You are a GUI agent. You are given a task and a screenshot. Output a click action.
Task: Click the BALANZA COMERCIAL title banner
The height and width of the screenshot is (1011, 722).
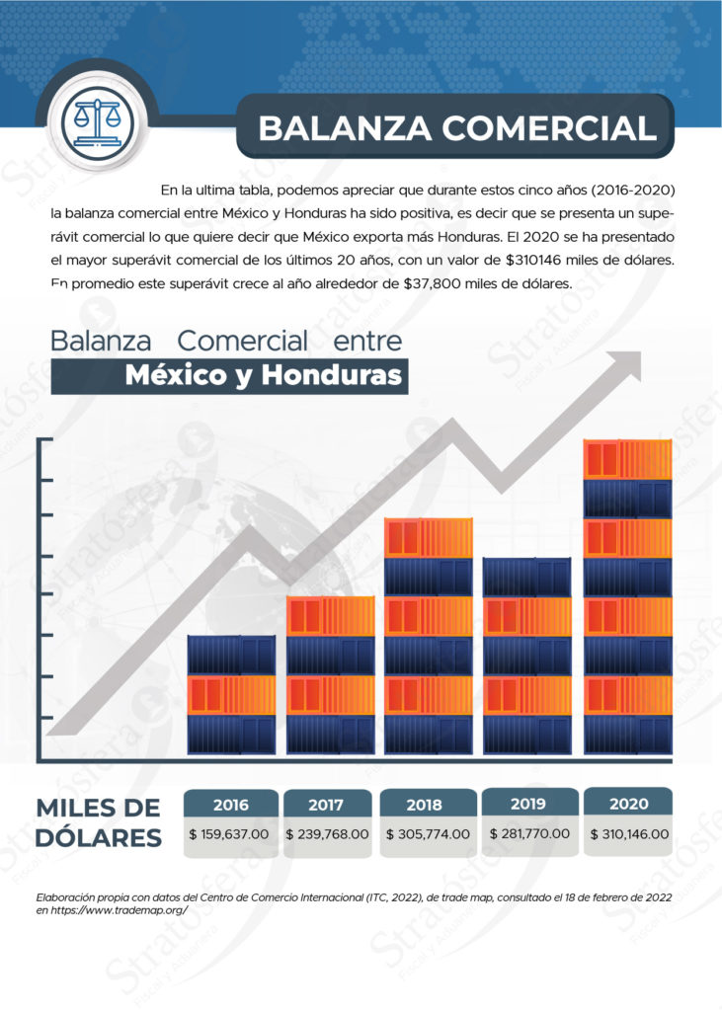click(x=455, y=127)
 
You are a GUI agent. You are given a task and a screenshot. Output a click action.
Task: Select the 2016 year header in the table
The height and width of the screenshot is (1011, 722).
click(x=230, y=805)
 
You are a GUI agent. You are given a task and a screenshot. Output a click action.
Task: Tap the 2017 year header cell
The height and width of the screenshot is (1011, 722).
click(x=326, y=805)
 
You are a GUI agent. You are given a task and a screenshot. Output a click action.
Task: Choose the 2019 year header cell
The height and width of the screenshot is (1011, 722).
click(x=528, y=804)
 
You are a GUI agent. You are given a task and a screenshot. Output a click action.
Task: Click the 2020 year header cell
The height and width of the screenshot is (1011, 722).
click(x=629, y=804)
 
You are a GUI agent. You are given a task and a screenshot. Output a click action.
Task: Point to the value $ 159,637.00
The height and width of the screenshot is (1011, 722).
click(x=229, y=834)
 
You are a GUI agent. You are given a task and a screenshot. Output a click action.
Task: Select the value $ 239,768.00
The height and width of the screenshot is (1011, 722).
click(x=327, y=834)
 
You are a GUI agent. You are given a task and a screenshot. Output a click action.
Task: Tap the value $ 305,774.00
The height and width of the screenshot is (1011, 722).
click(x=427, y=834)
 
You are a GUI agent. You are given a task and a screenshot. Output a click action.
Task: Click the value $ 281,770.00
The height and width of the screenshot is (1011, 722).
click(x=529, y=833)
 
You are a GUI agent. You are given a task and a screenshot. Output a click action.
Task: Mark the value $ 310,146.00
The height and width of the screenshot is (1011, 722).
click(x=629, y=833)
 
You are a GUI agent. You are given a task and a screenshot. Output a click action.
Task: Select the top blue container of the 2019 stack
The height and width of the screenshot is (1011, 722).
click(x=527, y=578)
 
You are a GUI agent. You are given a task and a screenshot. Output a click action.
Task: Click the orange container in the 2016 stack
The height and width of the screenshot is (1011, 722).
click(x=231, y=695)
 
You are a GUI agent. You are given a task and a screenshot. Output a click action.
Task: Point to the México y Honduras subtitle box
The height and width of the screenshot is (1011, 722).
click(x=229, y=376)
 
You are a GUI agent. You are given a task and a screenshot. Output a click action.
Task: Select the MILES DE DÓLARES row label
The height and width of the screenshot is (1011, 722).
click(x=99, y=822)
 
